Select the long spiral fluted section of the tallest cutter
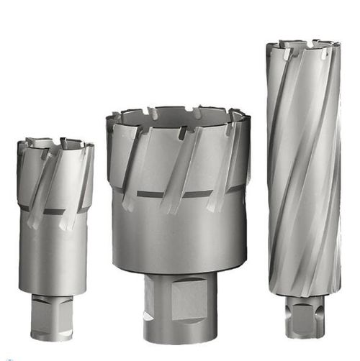click(x=303, y=165)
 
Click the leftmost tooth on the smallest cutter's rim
click(x=23, y=148)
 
